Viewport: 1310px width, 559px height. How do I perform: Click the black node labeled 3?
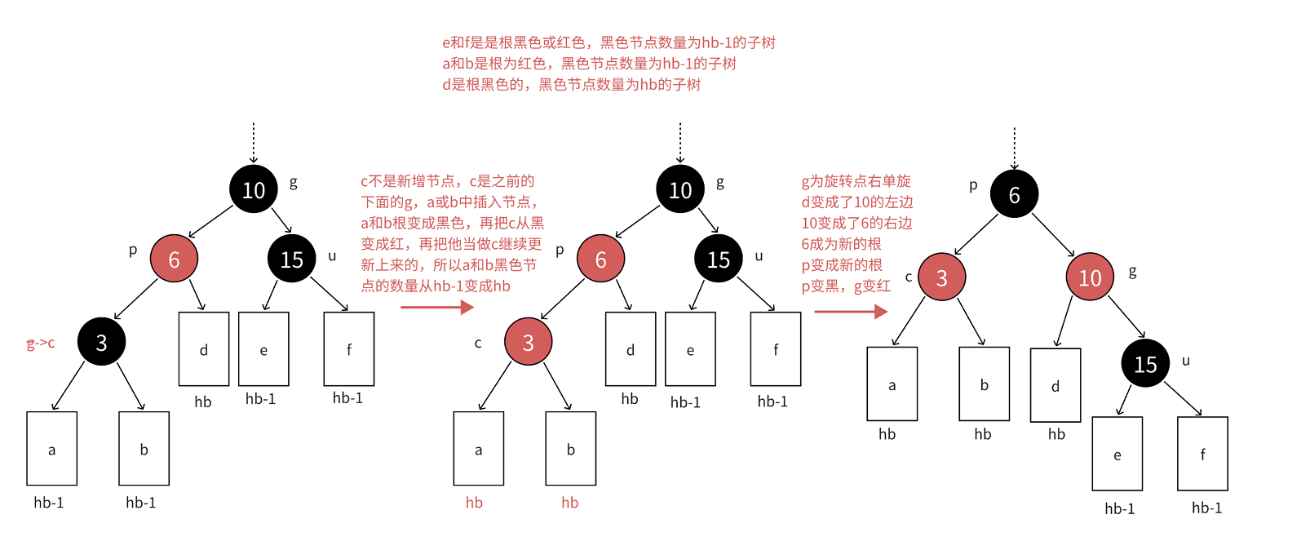tap(101, 342)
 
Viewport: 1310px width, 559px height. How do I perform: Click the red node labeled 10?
tap(1090, 277)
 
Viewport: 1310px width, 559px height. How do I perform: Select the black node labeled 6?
tap(1014, 194)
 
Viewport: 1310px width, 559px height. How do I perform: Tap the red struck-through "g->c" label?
tap(41, 344)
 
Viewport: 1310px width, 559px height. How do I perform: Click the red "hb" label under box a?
tap(474, 503)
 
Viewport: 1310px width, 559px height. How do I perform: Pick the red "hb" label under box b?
tap(569, 503)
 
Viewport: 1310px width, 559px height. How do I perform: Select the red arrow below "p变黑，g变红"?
tap(850, 311)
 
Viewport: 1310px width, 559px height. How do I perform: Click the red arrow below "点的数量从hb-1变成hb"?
tap(437, 307)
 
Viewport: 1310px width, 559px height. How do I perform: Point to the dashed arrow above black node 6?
tap(1014, 149)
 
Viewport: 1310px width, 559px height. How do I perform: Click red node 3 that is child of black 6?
tap(941, 277)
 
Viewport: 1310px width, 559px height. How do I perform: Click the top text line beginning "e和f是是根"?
tap(609, 42)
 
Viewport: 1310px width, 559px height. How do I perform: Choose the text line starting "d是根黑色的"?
tap(571, 85)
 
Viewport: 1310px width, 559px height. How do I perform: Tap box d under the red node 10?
tap(1056, 385)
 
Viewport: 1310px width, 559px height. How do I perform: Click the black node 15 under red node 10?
tap(1145, 364)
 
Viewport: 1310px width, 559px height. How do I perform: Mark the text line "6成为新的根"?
tap(841, 244)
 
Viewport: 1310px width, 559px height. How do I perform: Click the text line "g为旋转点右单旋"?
tap(856, 181)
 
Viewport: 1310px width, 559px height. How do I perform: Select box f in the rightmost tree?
tap(1202, 454)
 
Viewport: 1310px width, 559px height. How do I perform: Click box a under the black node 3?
tap(51, 449)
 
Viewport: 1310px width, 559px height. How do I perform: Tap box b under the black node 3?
tap(144, 449)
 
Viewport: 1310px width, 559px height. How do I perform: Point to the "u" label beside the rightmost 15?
tap(1186, 361)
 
